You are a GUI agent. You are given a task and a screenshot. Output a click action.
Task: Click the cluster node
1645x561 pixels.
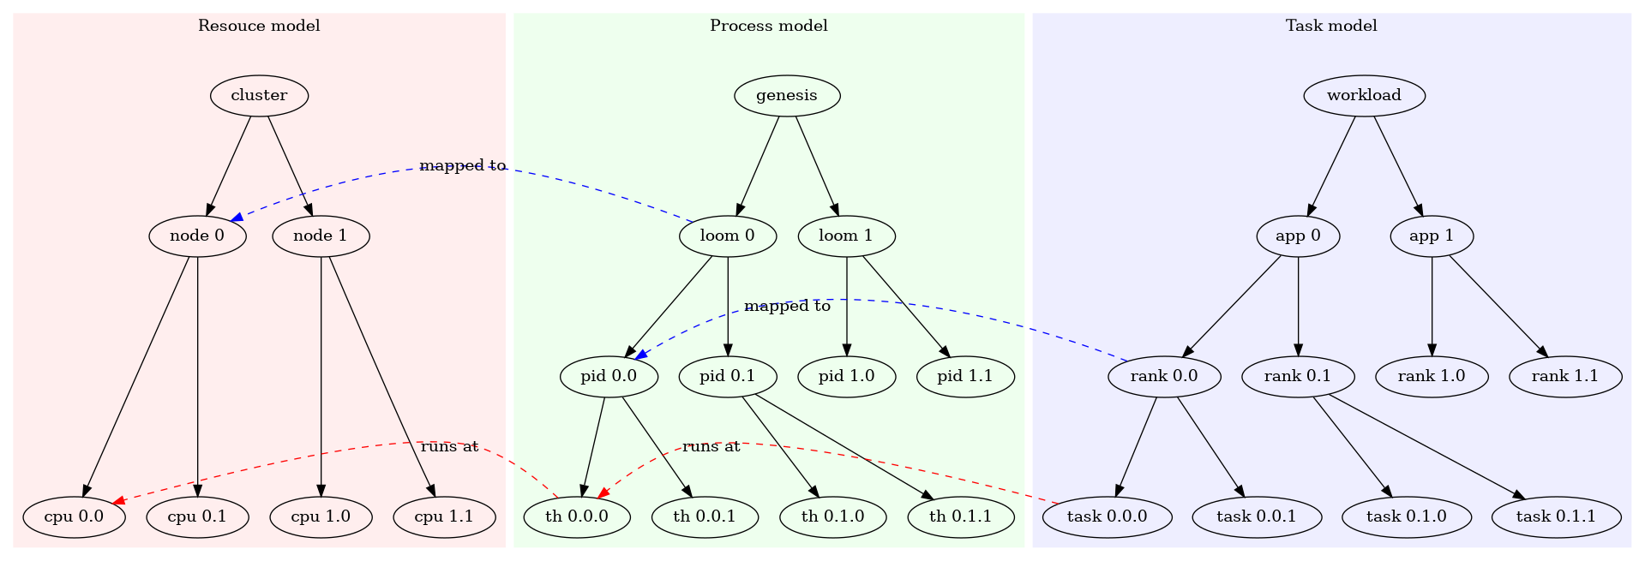point(259,95)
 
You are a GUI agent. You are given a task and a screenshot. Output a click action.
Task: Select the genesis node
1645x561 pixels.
point(786,95)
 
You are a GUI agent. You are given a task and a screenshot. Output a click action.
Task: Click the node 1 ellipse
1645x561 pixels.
point(320,236)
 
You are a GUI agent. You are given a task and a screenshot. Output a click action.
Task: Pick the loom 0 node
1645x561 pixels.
point(727,236)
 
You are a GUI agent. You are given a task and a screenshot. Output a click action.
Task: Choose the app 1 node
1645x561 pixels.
point(1431,236)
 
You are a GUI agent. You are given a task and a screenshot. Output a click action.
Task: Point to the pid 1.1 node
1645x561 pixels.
point(964,376)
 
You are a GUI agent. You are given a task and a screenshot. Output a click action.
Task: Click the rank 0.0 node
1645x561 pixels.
point(1163,376)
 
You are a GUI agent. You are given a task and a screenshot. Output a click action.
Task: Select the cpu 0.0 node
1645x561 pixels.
point(74,516)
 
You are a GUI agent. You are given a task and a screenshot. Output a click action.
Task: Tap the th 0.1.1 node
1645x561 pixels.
point(960,516)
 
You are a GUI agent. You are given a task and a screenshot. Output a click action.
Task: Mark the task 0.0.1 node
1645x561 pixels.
point(1256,516)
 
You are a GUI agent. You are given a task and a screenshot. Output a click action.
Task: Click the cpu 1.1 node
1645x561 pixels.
point(443,516)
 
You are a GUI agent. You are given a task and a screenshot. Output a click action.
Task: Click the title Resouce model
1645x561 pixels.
point(259,26)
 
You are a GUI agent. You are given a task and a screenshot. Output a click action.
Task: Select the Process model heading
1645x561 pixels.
point(768,26)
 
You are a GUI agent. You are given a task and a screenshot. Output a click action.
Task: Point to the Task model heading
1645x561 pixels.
point(1330,26)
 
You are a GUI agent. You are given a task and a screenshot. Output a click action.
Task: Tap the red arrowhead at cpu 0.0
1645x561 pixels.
point(120,501)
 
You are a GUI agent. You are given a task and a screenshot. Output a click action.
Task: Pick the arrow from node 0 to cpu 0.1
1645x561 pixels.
point(197,377)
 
